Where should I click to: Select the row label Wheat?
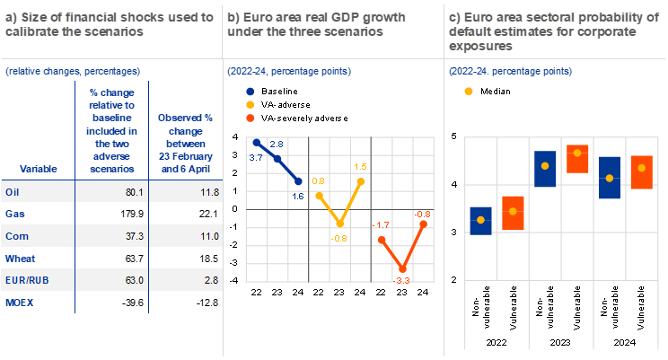pyautogui.click(x=19, y=259)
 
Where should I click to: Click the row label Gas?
pyautogui.click(x=14, y=215)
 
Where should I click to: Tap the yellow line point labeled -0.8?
pyautogui.click(x=340, y=224)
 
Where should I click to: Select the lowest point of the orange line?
pyautogui.click(x=403, y=268)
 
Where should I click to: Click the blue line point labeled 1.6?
pyautogui.click(x=298, y=180)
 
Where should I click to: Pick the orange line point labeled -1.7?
pyautogui.click(x=382, y=240)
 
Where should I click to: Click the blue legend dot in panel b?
pyautogui.click(x=250, y=92)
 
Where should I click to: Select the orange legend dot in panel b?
pyautogui.click(x=250, y=118)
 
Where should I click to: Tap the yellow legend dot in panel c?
pyautogui.click(x=468, y=92)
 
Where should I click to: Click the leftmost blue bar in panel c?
pyautogui.click(x=480, y=220)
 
